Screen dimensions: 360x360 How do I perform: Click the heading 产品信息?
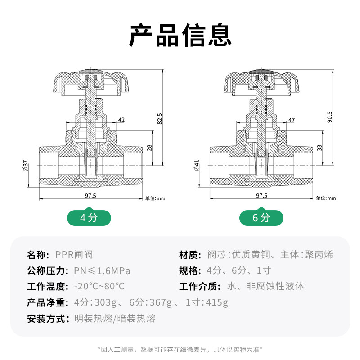[x=180, y=35]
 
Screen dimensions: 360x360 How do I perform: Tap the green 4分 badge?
[x=89, y=217]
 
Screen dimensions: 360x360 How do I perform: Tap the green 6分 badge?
[x=261, y=217]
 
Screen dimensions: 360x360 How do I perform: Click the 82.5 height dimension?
[x=160, y=119]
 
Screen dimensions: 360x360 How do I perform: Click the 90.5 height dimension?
[x=330, y=117]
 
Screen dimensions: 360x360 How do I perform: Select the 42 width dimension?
[x=121, y=120]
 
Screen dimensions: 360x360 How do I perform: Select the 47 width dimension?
[x=292, y=120]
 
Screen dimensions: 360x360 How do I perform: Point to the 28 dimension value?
[x=149, y=148]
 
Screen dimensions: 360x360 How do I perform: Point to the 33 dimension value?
[x=319, y=148]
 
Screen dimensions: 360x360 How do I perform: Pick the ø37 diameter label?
[x=26, y=166]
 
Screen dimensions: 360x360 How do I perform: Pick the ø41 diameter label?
[x=197, y=165]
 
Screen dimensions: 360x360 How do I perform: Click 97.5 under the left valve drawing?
[x=90, y=196]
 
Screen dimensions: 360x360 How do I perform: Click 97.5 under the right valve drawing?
[x=262, y=196]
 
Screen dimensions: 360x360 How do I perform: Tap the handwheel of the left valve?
[x=91, y=82]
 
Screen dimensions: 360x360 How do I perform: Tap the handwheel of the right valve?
[x=262, y=82]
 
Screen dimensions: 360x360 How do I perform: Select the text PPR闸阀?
[x=74, y=255]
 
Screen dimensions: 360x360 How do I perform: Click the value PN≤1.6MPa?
[x=102, y=271]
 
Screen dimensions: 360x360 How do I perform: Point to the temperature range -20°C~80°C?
[x=99, y=286]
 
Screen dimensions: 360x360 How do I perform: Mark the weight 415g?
[x=217, y=302]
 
